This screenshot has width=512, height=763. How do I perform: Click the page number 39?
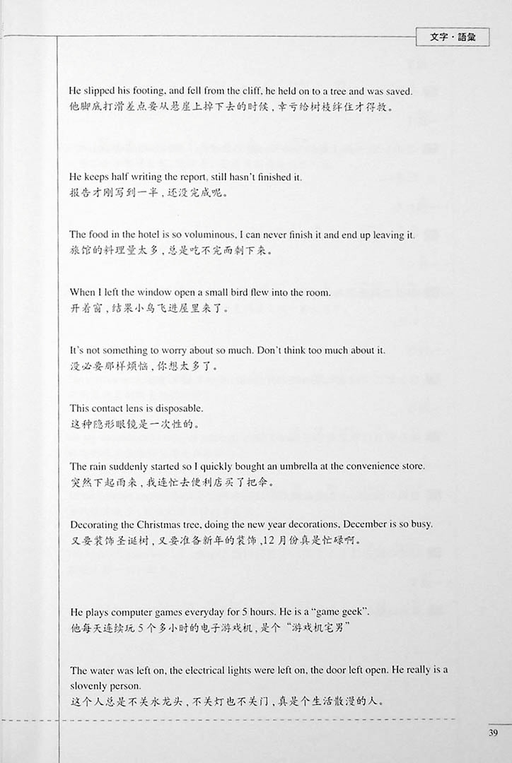point(493,732)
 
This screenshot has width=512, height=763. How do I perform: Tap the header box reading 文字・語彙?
point(453,37)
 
